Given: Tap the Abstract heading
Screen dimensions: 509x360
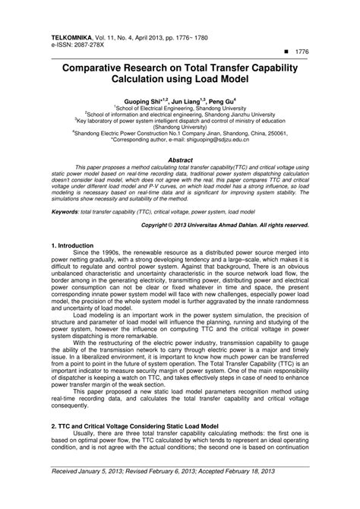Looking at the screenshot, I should click(x=180, y=161).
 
